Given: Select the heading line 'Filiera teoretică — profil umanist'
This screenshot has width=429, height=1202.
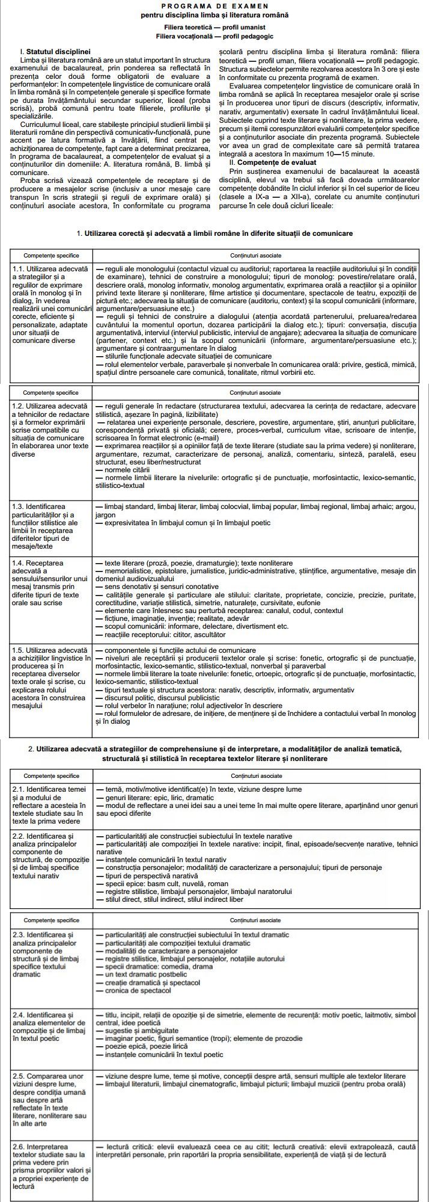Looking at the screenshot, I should [x=214, y=28].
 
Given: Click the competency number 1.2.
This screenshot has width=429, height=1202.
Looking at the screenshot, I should [x=20, y=407].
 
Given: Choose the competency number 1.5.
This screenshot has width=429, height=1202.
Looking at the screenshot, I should [x=20, y=651].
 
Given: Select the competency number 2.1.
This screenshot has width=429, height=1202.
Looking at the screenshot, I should [x=20, y=789].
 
